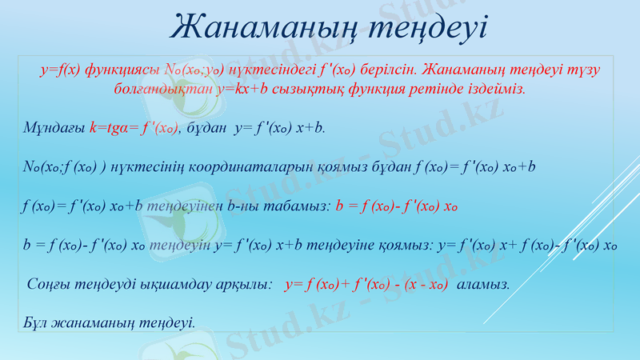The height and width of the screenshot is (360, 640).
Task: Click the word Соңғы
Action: point(47,284)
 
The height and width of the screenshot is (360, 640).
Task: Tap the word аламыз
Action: point(482,284)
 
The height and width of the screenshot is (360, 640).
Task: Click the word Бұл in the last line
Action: point(36,323)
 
